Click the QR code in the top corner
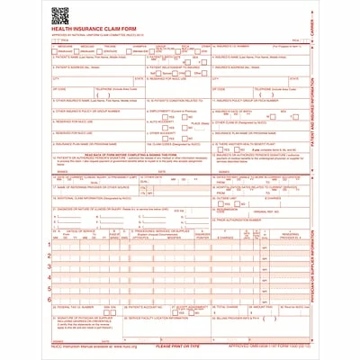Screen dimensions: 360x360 point(60,15)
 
